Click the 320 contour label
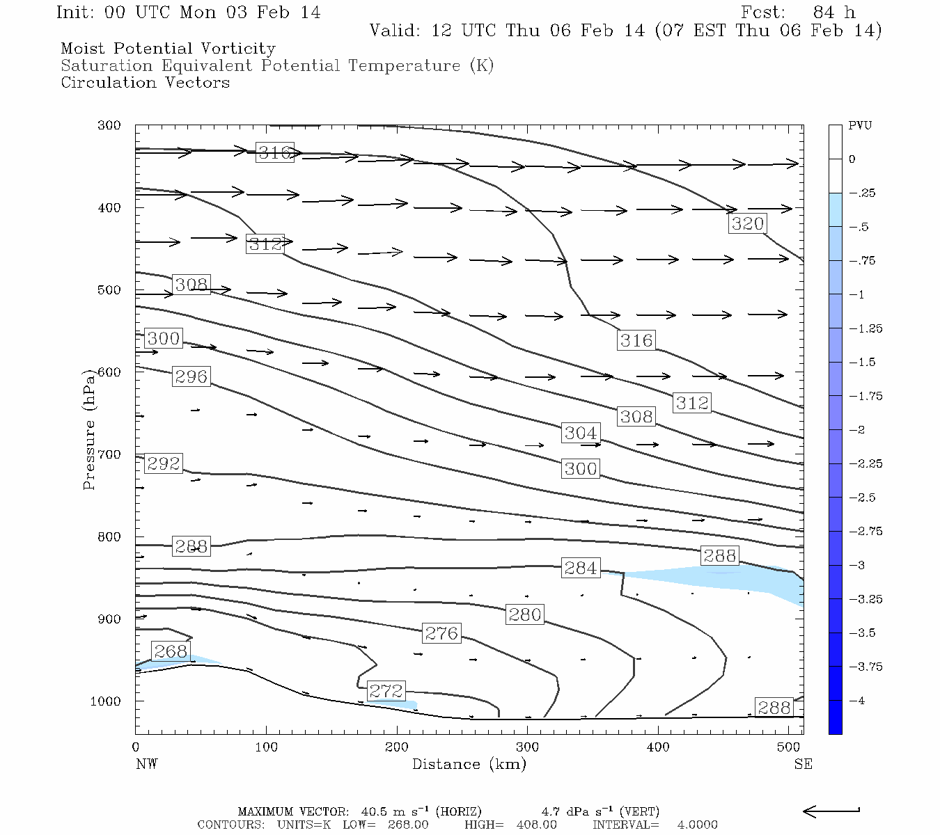pyautogui.click(x=747, y=223)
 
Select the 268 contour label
pyautogui.click(x=171, y=651)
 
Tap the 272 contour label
pyautogui.click(x=386, y=690)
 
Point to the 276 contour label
pyautogui.click(x=441, y=633)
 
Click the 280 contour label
pyautogui.click(x=524, y=614)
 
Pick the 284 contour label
pyautogui.click(x=580, y=568)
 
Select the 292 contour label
pyautogui.click(x=164, y=463)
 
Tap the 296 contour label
pyautogui.click(x=191, y=376)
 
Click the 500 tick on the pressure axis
pyautogui.click(x=109, y=290)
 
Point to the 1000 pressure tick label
pyautogui.click(x=106, y=701)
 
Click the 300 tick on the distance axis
pyautogui.click(x=527, y=747)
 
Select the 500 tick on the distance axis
pyautogui.click(x=788, y=747)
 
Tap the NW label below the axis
pyautogui.click(x=146, y=764)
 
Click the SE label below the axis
pyautogui.click(x=803, y=764)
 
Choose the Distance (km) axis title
pyautogui.click(x=469, y=764)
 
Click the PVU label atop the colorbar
pyautogui.click(x=860, y=126)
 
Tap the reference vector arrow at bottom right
pyautogui.click(x=831, y=811)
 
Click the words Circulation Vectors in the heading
pyautogui.click(x=145, y=82)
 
